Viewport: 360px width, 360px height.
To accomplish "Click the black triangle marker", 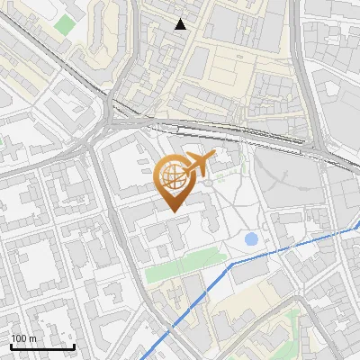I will (x=181, y=24).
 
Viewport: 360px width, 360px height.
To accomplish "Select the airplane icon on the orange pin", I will (x=197, y=165).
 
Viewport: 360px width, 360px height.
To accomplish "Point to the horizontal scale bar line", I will (x=42, y=346).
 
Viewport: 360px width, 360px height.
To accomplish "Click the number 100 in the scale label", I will (x=21, y=338).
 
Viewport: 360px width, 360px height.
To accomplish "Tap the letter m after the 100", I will (x=33, y=338).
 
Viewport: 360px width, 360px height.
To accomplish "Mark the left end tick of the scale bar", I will (x=11, y=346).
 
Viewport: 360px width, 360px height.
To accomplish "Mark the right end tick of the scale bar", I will (x=74, y=346).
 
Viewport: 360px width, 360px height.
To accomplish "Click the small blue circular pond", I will (x=251, y=239).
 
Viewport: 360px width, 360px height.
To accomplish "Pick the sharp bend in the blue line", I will (x=231, y=265).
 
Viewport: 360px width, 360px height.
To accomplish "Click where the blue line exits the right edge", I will (x=358, y=227).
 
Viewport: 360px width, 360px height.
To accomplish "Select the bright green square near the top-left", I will (x=63, y=23).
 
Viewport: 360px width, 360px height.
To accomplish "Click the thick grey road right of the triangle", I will (x=301, y=63).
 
